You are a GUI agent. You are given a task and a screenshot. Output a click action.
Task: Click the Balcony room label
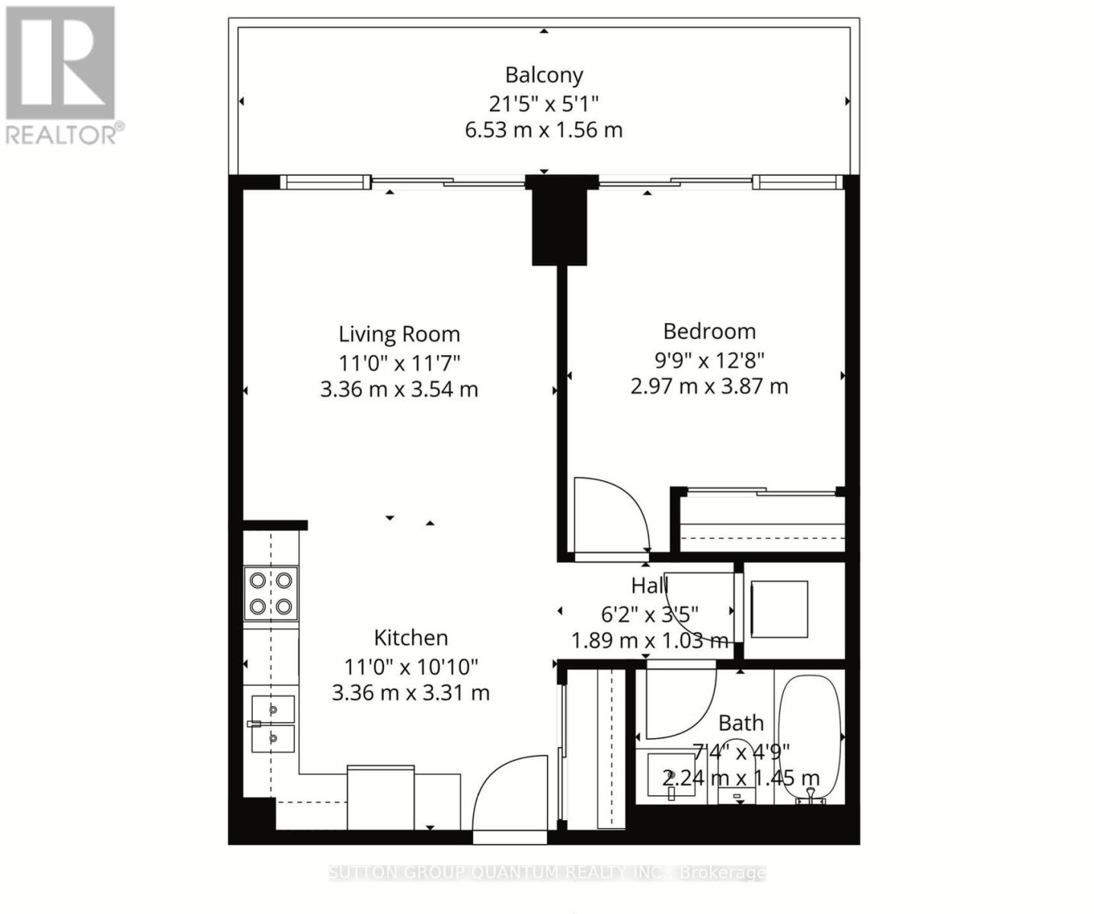pos(544,75)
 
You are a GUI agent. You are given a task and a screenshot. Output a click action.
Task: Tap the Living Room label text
pos(399,334)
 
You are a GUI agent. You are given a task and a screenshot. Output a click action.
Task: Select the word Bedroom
pos(709,331)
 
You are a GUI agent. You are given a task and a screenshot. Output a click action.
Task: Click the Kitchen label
pos(411,638)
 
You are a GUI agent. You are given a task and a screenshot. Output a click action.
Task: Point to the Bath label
pos(741,723)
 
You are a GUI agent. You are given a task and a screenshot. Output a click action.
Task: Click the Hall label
pos(649,585)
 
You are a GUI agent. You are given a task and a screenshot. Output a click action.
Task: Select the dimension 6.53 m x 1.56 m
pos(544,129)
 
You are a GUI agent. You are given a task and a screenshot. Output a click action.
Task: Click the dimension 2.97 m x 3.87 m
pos(709,386)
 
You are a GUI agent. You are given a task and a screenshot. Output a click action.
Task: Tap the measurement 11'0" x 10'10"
pos(411,666)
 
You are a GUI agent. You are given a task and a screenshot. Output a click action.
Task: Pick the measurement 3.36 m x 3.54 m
pos(399,389)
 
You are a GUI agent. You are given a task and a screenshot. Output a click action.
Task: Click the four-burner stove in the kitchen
pos(270,593)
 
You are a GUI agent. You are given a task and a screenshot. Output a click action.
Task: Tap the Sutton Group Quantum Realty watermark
pos(547,872)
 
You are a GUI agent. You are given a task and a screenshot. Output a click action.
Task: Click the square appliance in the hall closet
pos(779,609)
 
